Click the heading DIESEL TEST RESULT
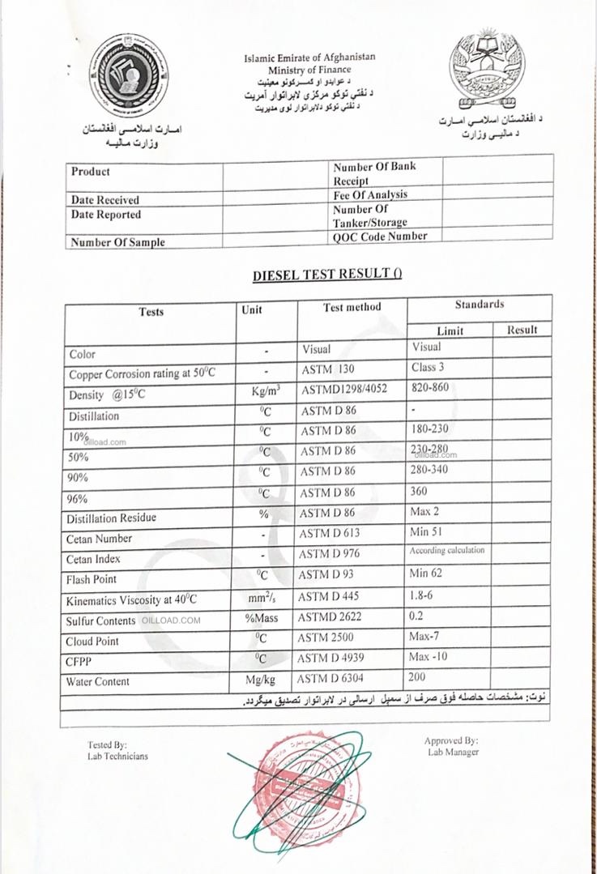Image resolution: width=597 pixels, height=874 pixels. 327,274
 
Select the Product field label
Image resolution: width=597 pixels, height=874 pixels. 91,172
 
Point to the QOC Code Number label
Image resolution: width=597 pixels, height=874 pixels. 379,237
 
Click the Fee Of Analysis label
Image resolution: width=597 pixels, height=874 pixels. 370,195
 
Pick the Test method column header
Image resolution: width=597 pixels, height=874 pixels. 352,307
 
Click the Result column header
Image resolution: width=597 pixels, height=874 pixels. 522,330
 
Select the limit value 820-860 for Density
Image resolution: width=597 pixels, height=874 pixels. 429,388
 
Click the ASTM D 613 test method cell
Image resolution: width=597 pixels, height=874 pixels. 330,533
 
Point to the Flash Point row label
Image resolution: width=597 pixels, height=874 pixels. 92,579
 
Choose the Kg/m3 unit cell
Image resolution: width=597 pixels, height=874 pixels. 267,390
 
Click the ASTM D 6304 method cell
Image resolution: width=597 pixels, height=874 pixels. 333,678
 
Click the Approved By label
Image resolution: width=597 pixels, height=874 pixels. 451,740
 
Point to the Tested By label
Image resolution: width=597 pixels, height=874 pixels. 108,744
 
